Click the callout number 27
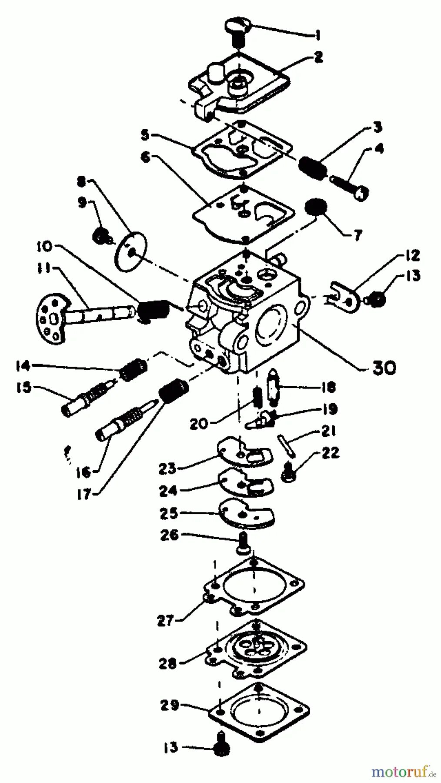(165, 621)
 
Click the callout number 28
(167, 663)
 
